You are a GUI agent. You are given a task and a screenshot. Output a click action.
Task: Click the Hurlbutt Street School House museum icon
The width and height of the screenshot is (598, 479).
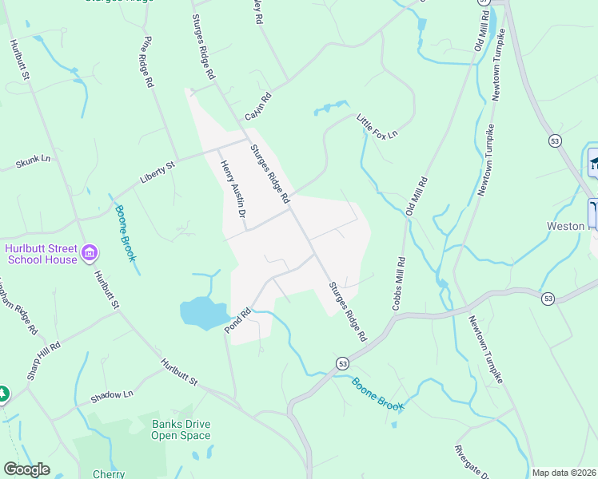point(90,253)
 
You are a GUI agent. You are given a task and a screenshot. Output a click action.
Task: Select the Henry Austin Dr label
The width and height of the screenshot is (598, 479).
point(231,188)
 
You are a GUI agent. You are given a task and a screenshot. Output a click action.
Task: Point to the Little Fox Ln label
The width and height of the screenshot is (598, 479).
point(377,125)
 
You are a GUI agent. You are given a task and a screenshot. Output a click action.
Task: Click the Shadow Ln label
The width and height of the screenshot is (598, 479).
point(111,395)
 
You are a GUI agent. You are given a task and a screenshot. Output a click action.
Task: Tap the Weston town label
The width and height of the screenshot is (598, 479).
point(566,226)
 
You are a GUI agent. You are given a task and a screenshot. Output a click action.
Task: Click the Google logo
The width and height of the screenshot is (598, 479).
point(27,469)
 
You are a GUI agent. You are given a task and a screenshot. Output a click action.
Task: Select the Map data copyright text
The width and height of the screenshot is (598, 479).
point(564,473)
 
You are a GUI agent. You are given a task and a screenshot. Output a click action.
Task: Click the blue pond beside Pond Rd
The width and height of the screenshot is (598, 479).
point(203,312)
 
